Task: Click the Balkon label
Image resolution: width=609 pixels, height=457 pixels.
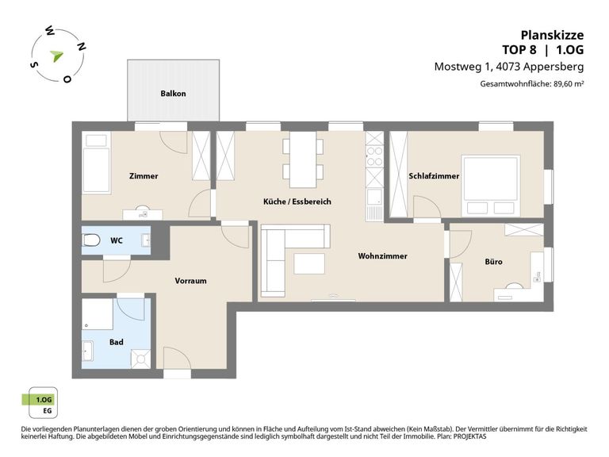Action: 173,94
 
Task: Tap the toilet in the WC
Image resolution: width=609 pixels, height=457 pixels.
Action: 91,240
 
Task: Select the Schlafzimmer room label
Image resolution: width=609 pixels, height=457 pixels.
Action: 434,176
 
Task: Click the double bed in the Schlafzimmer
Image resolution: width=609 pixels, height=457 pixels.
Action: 491,186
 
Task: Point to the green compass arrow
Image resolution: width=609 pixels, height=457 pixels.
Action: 57,56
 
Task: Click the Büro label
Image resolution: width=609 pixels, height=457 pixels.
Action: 494,262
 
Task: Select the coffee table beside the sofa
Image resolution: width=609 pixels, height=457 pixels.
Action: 309,263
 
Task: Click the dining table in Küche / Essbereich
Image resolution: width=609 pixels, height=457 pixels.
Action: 303,159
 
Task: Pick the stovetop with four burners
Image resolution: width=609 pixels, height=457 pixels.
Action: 375,156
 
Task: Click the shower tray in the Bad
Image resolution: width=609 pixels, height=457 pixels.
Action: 140,359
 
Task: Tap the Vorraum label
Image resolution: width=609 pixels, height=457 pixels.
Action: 190,281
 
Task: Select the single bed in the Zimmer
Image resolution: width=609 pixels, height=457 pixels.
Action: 96,163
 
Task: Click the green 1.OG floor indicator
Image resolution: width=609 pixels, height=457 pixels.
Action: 38,400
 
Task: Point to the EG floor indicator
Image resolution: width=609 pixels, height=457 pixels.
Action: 47,411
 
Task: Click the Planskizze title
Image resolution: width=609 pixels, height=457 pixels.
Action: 552,36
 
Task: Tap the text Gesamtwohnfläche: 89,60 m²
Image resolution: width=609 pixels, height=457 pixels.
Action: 532,83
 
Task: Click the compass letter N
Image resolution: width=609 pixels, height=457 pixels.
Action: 81,47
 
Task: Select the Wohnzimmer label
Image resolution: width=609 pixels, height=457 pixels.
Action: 382,256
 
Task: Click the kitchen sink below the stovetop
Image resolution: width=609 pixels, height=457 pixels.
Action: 375,197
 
